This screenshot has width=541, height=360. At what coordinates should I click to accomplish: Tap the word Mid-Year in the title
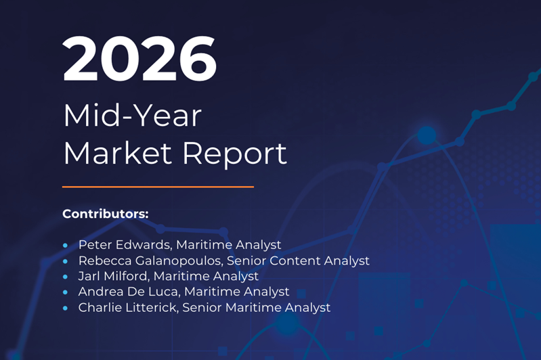click(133, 116)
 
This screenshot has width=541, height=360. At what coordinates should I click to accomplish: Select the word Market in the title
click(118, 153)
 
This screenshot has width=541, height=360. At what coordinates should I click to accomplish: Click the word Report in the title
click(235, 155)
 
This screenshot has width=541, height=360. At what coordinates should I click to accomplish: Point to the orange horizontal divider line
click(158, 187)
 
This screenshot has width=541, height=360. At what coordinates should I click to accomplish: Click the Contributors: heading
click(106, 214)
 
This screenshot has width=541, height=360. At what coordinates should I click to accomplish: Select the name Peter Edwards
click(124, 245)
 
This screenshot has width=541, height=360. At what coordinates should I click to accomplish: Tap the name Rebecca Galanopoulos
click(150, 261)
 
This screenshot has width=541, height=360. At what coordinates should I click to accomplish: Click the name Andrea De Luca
click(128, 292)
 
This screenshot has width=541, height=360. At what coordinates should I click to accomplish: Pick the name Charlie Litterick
click(127, 308)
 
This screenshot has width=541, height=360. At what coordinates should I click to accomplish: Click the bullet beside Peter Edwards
click(66, 246)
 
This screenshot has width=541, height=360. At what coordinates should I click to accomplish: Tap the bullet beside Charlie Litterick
click(66, 309)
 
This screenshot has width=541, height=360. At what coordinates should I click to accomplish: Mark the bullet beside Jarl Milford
click(66, 277)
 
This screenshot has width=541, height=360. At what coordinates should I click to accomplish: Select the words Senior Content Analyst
click(298, 261)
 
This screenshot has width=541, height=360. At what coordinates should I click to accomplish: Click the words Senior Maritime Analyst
click(257, 308)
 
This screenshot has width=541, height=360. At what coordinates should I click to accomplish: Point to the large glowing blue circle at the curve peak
click(427, 135)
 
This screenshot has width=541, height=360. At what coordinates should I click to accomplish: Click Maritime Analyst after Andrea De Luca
click(237, 292)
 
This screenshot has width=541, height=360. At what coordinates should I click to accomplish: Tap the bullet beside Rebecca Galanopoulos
click(66, 261)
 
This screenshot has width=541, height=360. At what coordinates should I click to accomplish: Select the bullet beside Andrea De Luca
click(66, 292)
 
